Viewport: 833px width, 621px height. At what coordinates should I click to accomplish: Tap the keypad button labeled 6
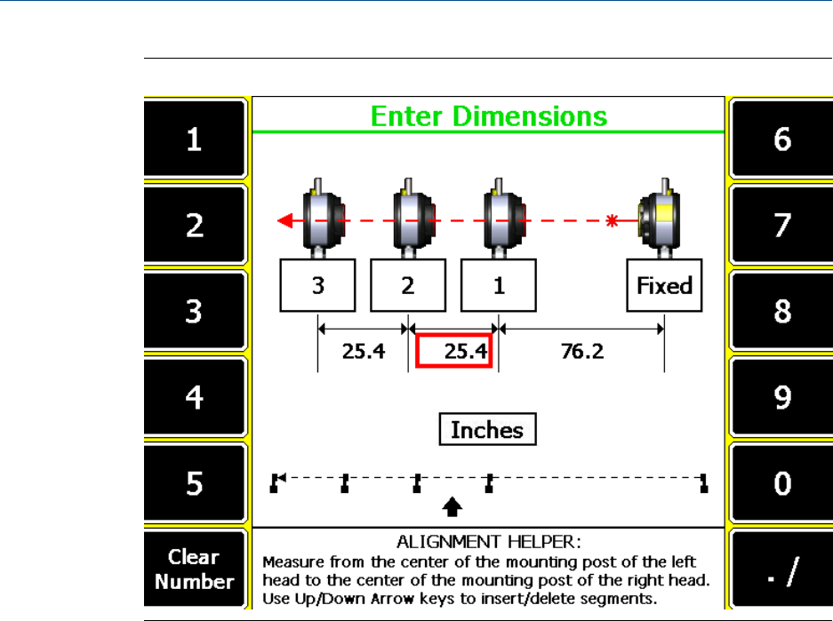pyautogui.click(x=781, y=139)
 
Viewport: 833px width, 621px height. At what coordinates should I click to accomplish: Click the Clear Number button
pyautogui.click(x=194, y=569)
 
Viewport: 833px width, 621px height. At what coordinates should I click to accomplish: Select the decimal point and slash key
pyautogui.click(x=781, y=569)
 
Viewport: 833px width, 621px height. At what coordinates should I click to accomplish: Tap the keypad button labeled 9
pyautogui.click(x=781, y=397)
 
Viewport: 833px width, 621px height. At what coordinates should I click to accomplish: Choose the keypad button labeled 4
pyautogui.click(x=194, y=397)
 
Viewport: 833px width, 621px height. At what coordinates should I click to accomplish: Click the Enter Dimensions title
pyautogui.click(x=488, y=116)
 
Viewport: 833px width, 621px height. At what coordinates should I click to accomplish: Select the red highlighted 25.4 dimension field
pyautogui.click(x=453, y=352)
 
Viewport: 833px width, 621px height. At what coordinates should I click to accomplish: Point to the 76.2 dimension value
pyautogui.click(x=581, y=352)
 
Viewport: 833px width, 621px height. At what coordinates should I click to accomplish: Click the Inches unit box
pyautogui.click(x=487, y=430)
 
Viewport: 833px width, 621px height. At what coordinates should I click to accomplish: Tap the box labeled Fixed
pyautogui.click(x=664, y=286)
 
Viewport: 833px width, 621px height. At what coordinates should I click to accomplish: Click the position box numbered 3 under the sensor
pyautogui.click(x=317, y=286)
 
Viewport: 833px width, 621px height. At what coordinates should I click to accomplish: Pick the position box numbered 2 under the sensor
pyautogui.click(x=407, y=286)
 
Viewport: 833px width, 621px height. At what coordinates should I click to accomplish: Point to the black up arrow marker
pyautogui.click(x=453, y=506)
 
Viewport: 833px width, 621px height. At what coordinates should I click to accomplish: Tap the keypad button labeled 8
pyautogui.click(x=781, y=311)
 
